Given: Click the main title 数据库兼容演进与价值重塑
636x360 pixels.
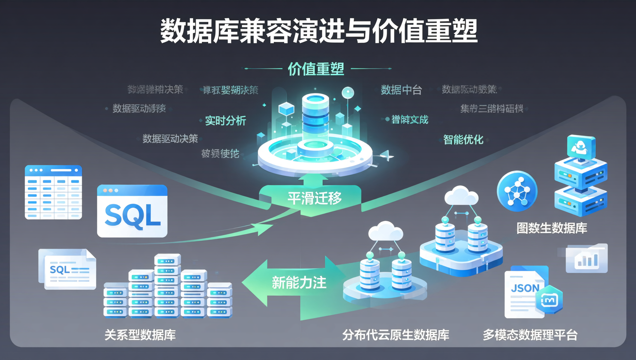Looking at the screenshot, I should coord(319,31).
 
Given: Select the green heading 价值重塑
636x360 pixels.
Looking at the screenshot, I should coord(316,69).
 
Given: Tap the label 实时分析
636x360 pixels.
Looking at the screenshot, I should coord(225,121).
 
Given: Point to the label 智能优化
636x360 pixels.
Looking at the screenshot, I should coord(463,140).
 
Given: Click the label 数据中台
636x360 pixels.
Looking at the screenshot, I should coord(401,90).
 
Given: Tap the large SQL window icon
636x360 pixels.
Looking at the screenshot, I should coord(132,211).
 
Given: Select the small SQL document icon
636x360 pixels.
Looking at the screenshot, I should coord(67,269).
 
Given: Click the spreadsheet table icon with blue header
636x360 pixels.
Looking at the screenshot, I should coord(53,192).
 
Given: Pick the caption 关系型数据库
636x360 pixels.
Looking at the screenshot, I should coord(140,335).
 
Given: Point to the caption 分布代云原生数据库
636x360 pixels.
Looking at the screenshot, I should coord(396,335).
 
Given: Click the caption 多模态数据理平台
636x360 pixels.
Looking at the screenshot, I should coord(530,335).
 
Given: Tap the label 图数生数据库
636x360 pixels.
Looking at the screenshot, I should coord(552,228).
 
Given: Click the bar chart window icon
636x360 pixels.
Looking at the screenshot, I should coord(587,259).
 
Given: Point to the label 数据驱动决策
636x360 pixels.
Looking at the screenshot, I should coord(170,139).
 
